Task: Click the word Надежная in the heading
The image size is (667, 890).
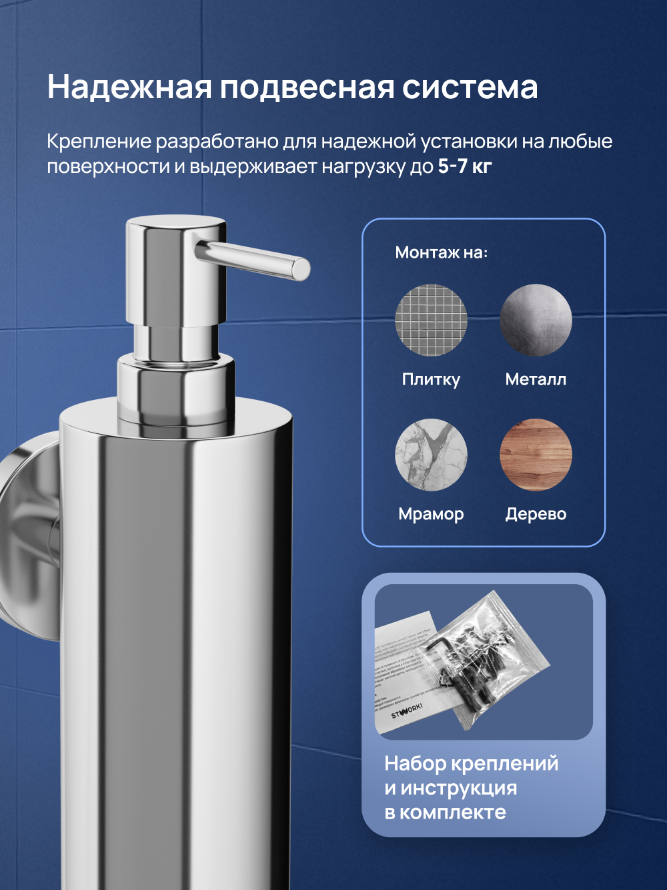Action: pyautogui.click(x=129, y=87)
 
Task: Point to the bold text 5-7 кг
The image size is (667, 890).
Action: pyautogui.click(x=464, y=166)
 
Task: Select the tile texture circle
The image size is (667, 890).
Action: pyautogui.click(x=431, y=320)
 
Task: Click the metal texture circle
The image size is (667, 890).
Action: pyautogui.click(x=536, y=320)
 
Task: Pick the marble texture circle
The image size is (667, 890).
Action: pyautogui.click(x=431, y=455)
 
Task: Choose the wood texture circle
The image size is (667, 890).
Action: pyautogui.click(x=536, y=455)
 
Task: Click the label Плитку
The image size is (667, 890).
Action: pyautogui.click(x=431, y=379)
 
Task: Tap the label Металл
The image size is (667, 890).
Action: pyautogui.click(x=536, y=379)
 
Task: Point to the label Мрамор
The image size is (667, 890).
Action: pyautogui.click(x=431, y=514)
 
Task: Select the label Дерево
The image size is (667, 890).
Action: pyautogui.click(x=536, y=514)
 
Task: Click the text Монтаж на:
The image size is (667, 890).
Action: pyautogui.click(x=441, y=252)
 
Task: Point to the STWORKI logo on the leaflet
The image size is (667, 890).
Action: pyautogui.click(x=407, y=710)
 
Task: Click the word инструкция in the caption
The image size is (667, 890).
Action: pyautogui.click(x=459, y=788)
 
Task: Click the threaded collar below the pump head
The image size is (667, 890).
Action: pyautogui.click(x=176, y=391)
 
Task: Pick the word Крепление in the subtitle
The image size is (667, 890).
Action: pyautogui.click(x=99, y=142)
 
